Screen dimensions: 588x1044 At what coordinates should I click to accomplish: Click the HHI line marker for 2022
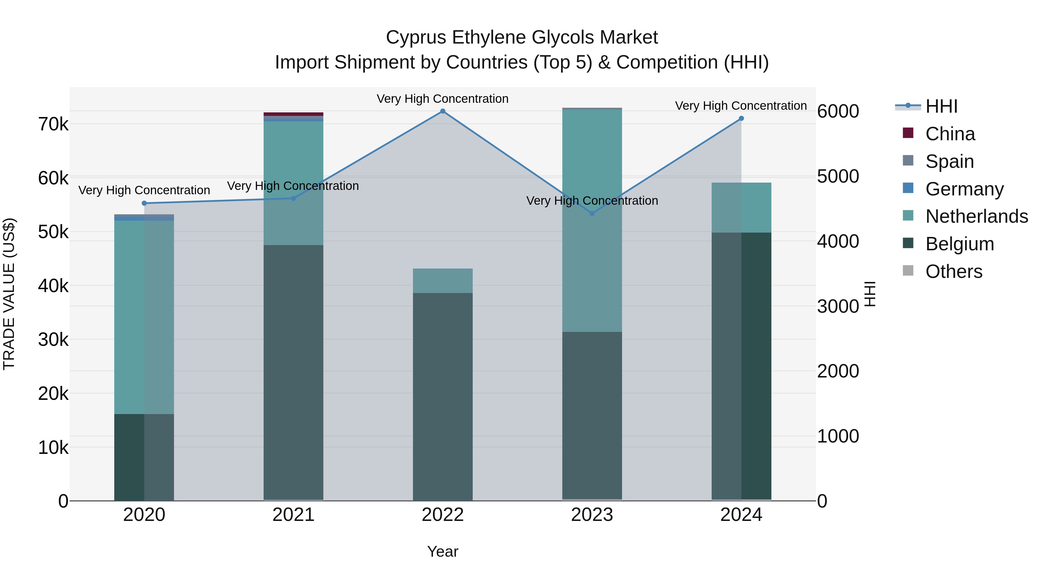pos(443,111)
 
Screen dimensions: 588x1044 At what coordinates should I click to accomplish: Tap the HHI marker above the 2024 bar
pos(741,118)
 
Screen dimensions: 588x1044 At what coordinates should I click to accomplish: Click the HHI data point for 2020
pos(144,203)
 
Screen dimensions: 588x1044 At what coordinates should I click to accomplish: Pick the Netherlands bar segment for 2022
pos(443,281)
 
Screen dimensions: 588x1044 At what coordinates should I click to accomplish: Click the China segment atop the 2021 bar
pos(293,114)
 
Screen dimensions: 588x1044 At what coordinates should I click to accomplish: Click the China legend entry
pos(949,134)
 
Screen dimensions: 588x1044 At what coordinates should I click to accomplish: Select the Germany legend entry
pos(964,189)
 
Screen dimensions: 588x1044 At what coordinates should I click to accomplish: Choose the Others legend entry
pos(953,271)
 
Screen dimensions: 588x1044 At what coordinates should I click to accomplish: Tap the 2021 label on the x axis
pos(293,515)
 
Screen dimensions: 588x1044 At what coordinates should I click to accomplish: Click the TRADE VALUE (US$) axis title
pos(9,294)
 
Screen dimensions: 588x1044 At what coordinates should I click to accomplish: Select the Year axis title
pos(443,551)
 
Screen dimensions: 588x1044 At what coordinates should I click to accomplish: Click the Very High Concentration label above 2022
pos(443,99)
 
